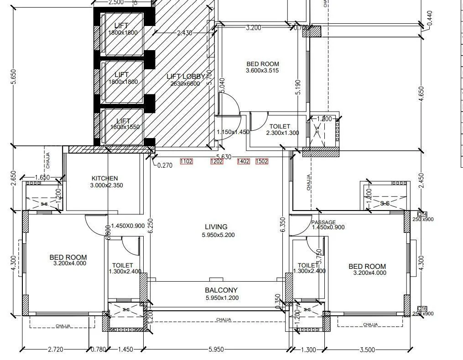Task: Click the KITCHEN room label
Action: [x=104, y=178]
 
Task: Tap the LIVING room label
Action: [x=216, y=227]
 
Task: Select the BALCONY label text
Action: [x=221, y=290]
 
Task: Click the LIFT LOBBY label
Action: [x=186, y=77]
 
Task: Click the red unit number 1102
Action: [x=187, y=161]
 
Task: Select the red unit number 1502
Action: [x=262, y=161]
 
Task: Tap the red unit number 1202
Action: [x=216, y=161]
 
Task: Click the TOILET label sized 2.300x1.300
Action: [x=280, y=127]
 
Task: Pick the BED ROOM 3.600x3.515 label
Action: [x=262, y=64]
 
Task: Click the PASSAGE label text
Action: [x=323, y=222]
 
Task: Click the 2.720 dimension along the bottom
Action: [x=56, y=350]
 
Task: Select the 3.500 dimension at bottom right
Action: [x=367, y=350]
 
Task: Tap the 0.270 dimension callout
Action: [x=165, y=165]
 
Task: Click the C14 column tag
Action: [x=422, y=214]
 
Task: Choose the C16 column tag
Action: [x=422, y=309]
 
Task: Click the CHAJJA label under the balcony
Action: [x=224, y=319]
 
